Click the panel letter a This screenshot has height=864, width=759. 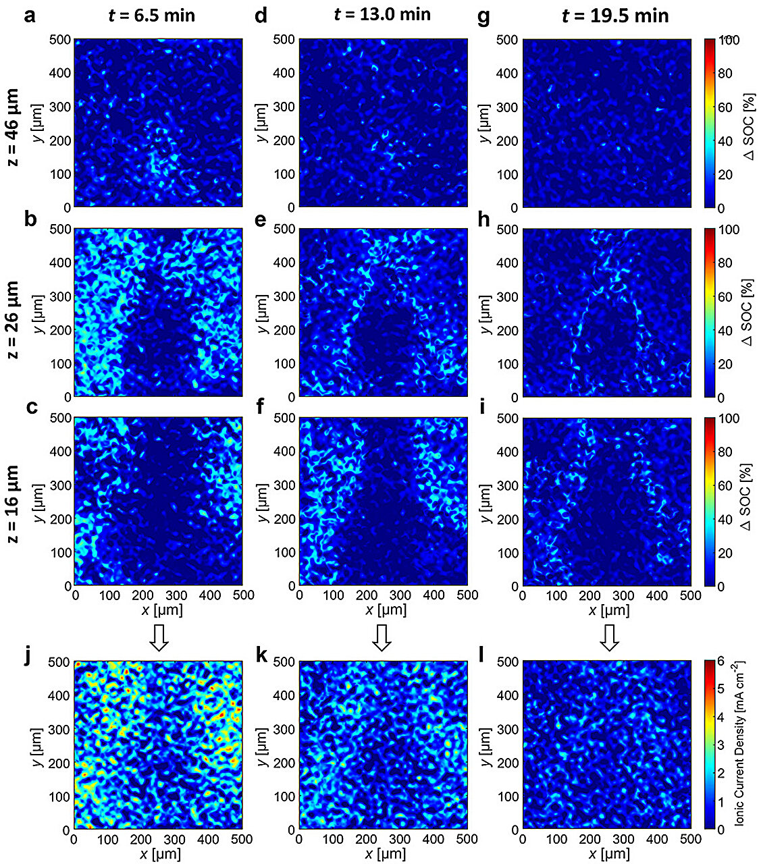coord(30,15)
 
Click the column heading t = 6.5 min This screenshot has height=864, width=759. coord(152,15)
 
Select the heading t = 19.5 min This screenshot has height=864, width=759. coord(615,16)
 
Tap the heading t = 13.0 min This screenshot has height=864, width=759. coord(382,14)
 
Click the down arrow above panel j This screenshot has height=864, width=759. coord(159,638)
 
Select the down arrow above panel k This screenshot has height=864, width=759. coord(382,638)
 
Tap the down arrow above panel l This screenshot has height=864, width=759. coord(610,638)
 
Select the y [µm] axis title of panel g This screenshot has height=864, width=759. coord(486,124)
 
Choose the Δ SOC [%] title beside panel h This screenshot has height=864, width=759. coord(748,313)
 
